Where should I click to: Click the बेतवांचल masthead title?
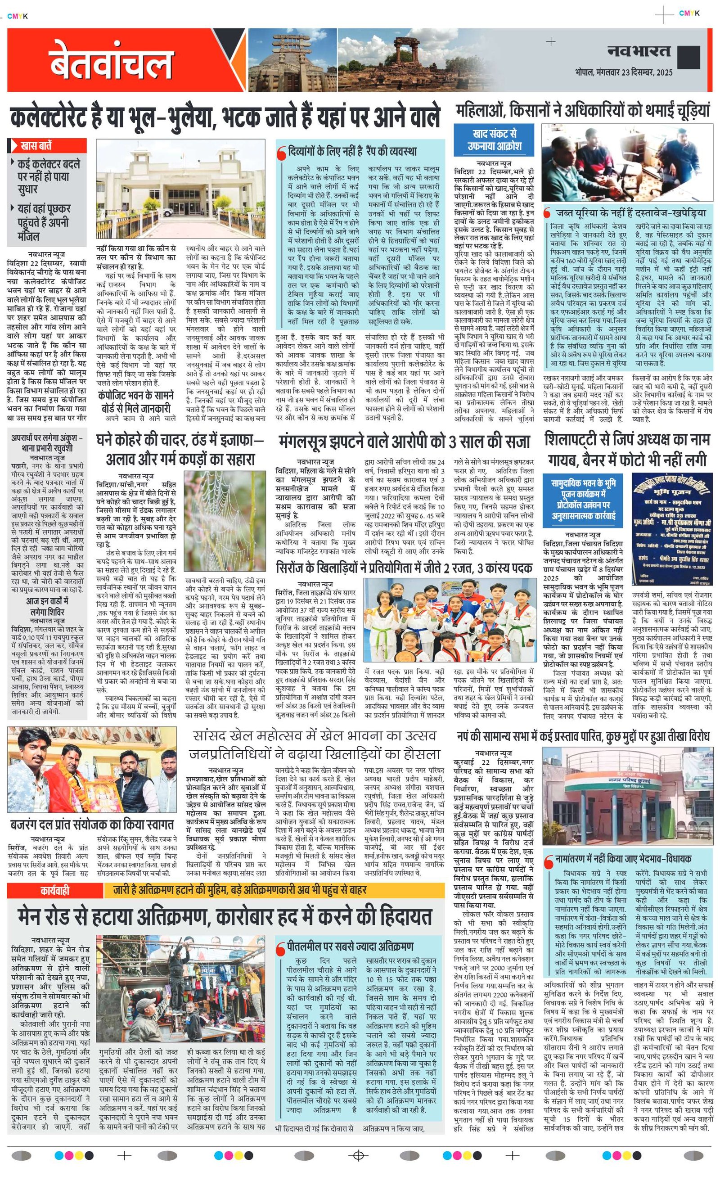pos(111,62)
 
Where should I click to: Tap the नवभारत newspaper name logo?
pos(639,51)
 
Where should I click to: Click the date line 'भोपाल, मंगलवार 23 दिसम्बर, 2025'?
pos(623,72)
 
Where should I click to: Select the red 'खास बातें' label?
pos(47,145)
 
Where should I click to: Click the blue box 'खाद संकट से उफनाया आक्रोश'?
pos(494,139)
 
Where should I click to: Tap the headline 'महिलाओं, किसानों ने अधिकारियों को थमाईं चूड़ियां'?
pos(583,111)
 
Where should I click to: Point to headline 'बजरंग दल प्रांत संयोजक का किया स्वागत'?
pos(92,824)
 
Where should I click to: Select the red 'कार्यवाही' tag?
pos(55,890)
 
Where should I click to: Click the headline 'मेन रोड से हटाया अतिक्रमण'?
pos(225,916)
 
